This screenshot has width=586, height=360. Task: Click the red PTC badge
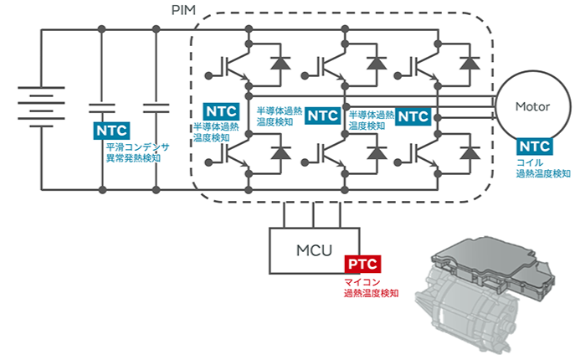pos(362,265)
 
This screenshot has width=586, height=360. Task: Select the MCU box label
pos(314,250)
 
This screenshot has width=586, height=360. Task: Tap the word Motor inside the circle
pos(532,106)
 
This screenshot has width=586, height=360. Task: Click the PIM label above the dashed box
pos(183,10)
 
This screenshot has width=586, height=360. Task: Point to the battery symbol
pos(41,107)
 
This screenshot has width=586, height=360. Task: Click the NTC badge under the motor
pos(534,147)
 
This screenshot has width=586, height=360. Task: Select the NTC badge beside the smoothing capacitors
pos(111,131)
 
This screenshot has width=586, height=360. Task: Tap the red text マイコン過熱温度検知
pos(371,287)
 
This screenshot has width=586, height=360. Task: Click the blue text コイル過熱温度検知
pos(543,168)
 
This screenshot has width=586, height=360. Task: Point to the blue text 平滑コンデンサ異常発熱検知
pos(138,152)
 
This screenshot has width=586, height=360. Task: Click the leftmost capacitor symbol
pos(101,108)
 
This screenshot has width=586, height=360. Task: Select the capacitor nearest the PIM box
pos(157,108)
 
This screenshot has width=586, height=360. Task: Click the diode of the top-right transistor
pos(470,63)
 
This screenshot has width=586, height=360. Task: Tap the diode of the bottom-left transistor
pos(280,153)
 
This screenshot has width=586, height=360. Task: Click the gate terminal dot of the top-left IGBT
pos(208,76)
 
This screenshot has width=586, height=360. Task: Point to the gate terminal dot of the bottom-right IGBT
pos(398,162)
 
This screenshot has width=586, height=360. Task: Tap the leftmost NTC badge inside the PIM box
pos(221,111)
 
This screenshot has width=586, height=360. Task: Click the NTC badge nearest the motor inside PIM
pos(413,116)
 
